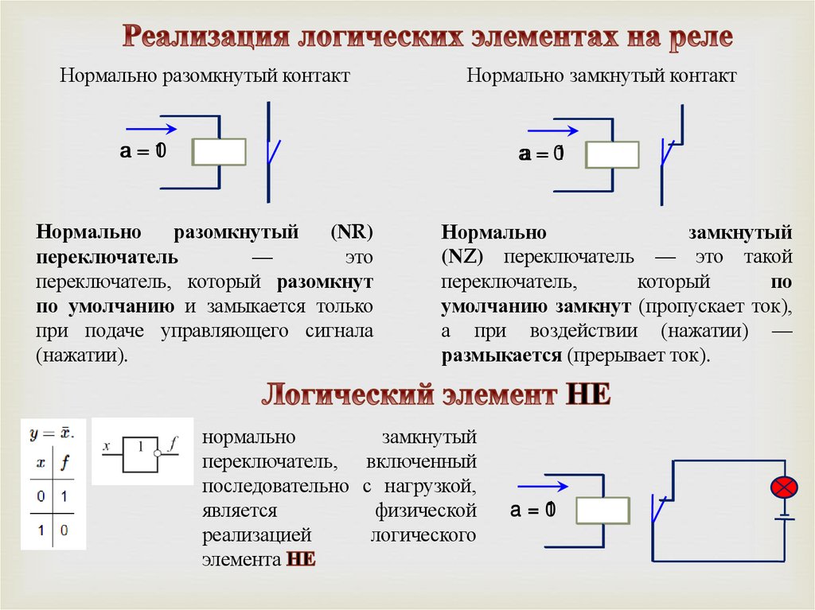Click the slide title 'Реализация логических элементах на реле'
pos(427,37)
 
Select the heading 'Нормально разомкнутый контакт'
pos(205,77)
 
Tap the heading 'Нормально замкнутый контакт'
pos(602,77)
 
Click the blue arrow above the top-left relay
pos(151,128)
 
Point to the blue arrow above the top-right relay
pos(552,130)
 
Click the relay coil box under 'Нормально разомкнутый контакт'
pos(220,152)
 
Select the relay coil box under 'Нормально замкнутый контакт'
pos(612,154)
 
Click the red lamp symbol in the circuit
pos(784,487)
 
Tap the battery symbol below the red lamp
pos(784,519)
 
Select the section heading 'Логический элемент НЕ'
pos(437,394)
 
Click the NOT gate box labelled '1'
pos(139,454)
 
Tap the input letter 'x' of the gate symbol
pos(106,446)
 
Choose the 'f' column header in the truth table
pos(65,461)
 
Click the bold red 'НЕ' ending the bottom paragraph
pos(301,559)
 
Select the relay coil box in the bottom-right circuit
pos(602,511)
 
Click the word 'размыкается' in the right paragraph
pos(501,355)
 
